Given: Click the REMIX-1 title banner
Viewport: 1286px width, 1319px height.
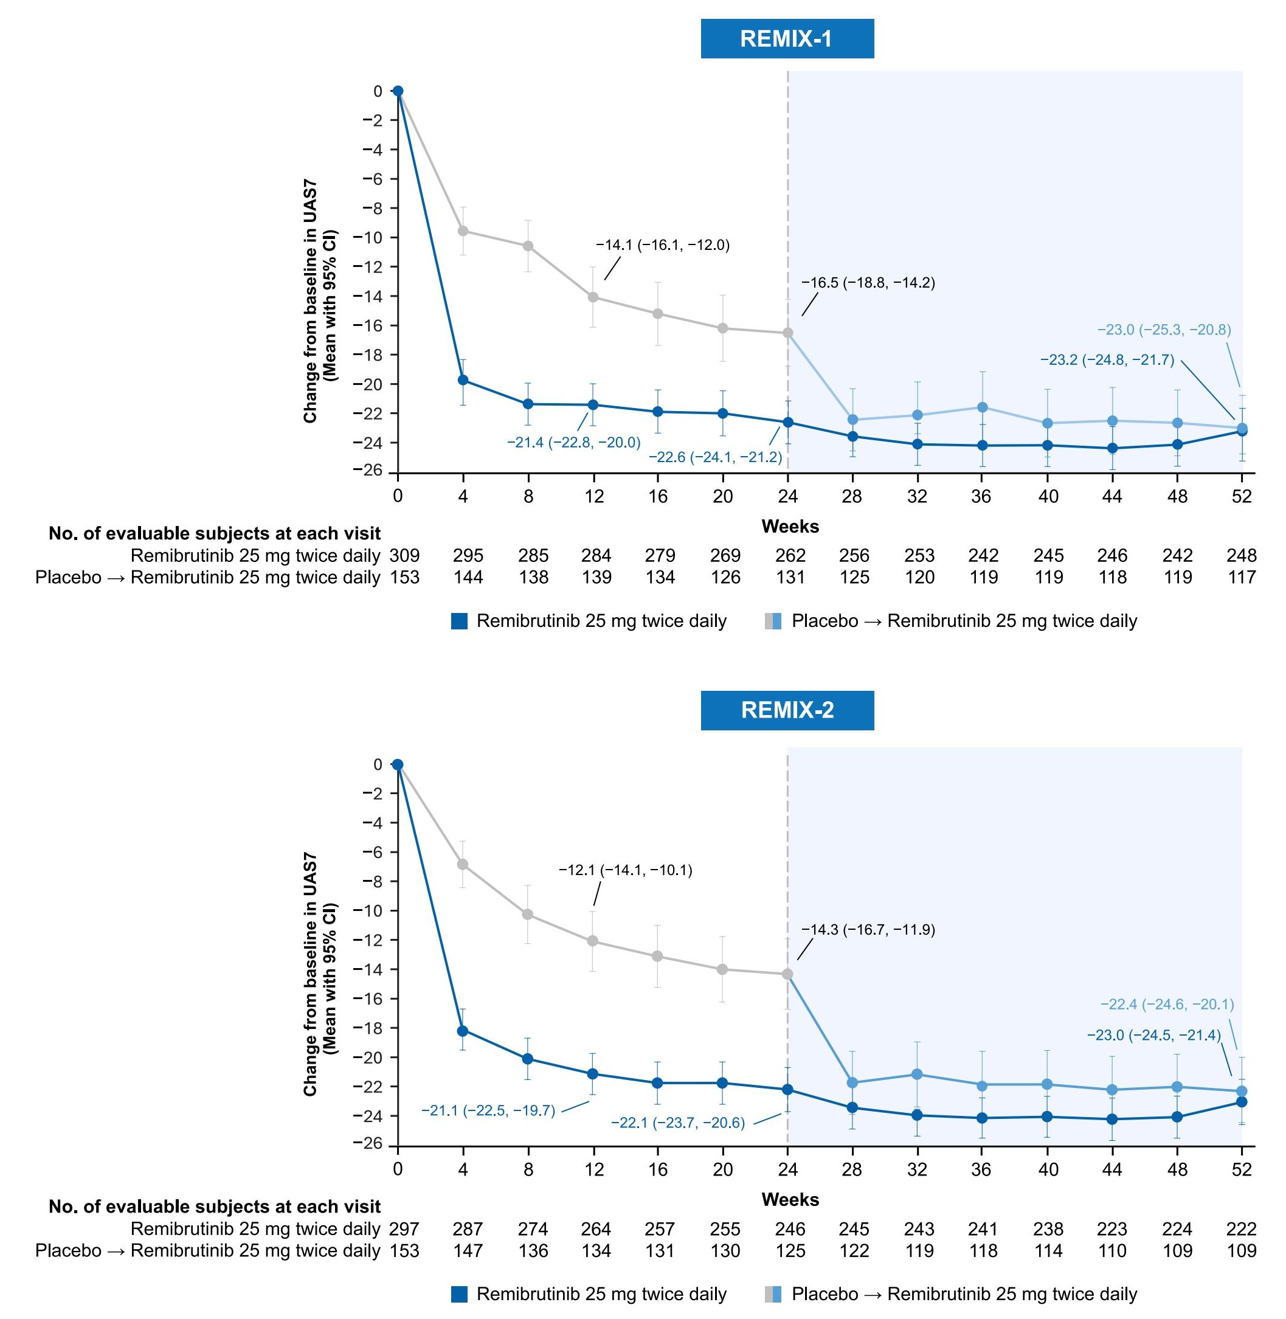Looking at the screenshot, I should (787, 38).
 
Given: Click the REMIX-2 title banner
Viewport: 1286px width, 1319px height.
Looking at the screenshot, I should (787, 710).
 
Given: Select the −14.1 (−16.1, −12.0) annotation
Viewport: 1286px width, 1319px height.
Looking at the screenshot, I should (663, 245).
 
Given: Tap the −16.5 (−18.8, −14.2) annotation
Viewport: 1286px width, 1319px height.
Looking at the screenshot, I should (868, 283).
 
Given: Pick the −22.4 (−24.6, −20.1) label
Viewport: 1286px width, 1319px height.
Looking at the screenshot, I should (1167, 1004).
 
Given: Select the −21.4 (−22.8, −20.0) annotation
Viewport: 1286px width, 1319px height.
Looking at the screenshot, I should (573, 442).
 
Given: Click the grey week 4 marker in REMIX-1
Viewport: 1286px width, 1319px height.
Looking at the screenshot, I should (463, 231).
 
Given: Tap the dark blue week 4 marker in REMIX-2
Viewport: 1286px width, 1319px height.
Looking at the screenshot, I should (463, 1031).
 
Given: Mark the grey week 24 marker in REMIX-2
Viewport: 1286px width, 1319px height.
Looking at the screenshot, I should (787, 974).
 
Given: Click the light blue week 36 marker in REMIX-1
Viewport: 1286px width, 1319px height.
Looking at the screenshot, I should (983, 407).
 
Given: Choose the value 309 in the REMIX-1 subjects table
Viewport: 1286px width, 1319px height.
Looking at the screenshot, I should (404, 556).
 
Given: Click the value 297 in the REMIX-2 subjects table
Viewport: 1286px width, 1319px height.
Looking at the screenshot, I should (404, 1228).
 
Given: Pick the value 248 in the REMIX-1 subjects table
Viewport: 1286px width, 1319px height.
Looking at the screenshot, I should (1242, 556).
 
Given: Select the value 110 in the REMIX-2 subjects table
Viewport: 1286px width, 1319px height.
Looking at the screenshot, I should (1111, 1251).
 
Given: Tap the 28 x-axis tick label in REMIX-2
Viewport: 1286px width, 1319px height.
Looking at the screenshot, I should (852, 1169).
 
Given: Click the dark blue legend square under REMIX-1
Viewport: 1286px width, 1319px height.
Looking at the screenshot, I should (459, 621).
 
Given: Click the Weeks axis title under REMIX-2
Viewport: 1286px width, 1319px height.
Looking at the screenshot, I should (790, 1199).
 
